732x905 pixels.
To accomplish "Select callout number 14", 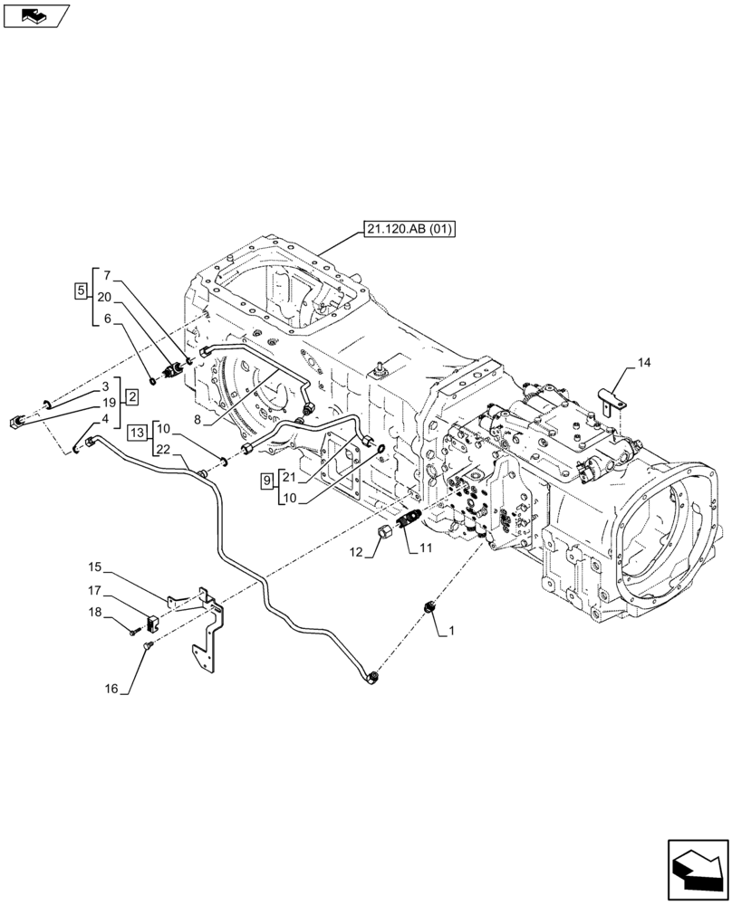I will click(644, 363).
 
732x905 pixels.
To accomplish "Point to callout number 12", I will click(355, 553).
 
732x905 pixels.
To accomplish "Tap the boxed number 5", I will click(81, 291).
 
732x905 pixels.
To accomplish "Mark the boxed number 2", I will click(132, 396).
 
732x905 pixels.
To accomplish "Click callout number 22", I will click(162, 449).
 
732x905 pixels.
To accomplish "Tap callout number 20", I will click(105, 298).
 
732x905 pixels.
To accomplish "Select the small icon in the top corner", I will click(35, 14).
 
